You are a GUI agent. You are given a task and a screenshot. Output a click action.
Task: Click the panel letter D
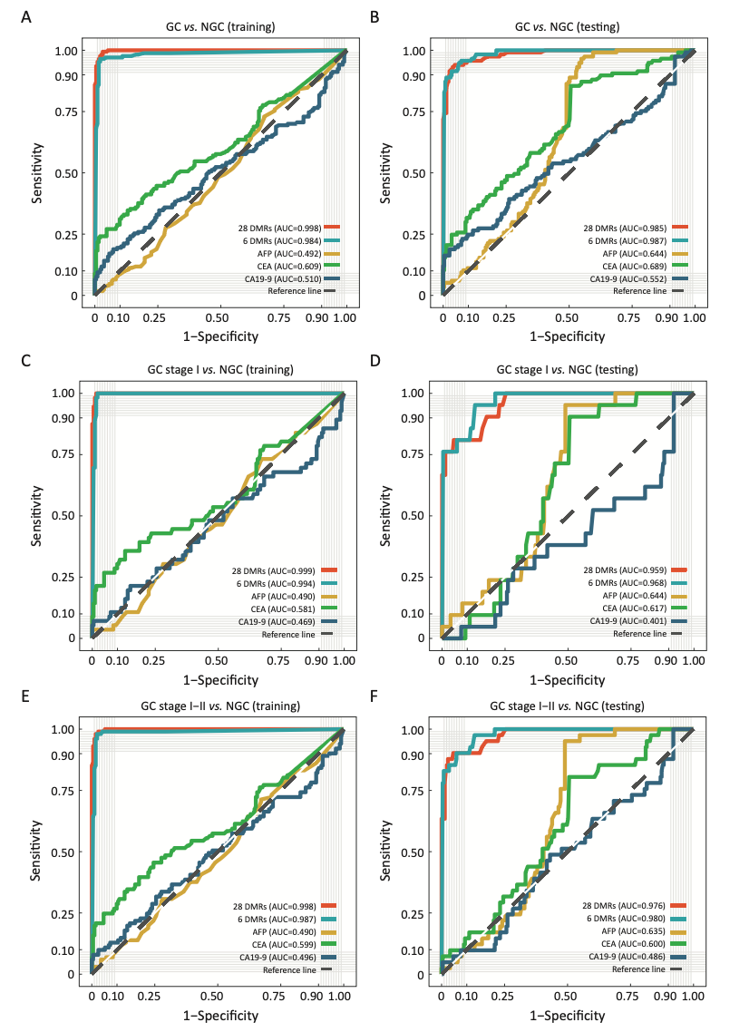click(375, 359)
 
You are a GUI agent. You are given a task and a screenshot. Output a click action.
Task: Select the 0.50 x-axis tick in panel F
click(568, 995)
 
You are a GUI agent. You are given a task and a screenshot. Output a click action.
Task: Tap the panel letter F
click(375, 696)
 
